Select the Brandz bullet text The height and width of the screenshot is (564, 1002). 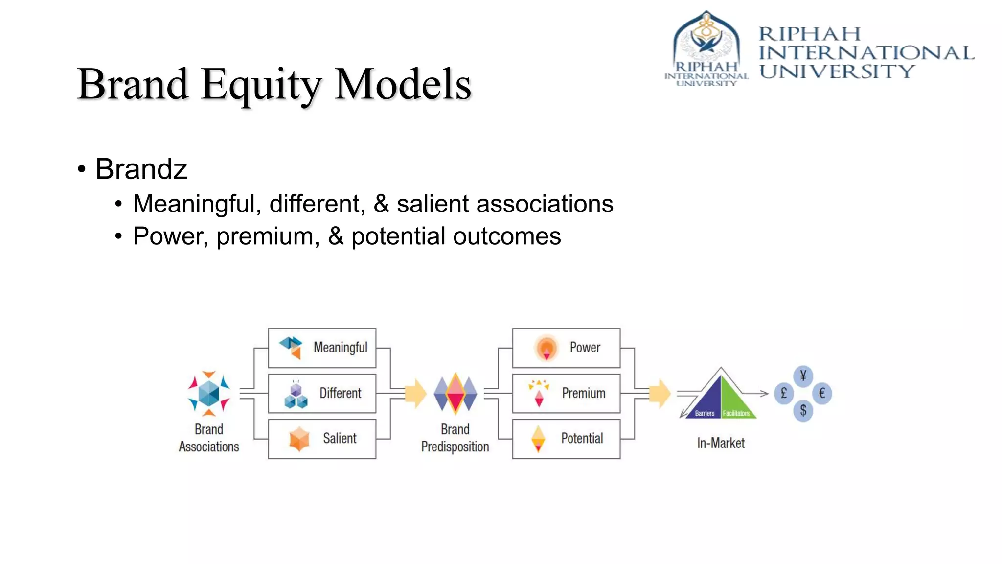141,169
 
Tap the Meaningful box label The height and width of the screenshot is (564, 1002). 340,348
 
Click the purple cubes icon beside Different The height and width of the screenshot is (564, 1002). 296,395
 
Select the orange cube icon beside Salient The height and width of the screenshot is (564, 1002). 299,439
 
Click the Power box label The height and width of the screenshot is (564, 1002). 585,348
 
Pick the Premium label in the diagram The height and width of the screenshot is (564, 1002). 583,393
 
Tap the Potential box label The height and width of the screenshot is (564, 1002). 582,438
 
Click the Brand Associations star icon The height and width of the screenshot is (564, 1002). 209,393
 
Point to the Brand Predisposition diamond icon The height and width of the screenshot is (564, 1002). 455,393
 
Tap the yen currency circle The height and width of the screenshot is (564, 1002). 803,376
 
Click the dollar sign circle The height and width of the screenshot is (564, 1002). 803,410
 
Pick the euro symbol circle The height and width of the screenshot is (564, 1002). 821,393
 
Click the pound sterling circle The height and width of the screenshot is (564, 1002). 784,393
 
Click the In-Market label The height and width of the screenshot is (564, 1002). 721,444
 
